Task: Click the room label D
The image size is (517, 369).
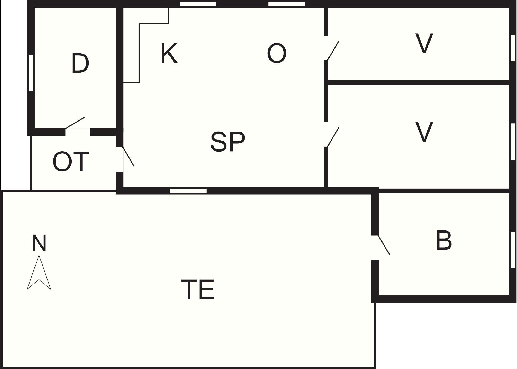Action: coord(80,63)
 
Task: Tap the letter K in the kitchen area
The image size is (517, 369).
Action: coord(169,53)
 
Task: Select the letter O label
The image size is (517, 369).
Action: coord(277,53)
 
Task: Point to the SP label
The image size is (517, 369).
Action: coord(228,142)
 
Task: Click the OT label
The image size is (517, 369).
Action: coord(70,162)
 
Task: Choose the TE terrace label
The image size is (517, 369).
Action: coord(198,289)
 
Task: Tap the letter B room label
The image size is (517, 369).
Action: coord(444,240)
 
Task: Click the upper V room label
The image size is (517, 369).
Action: coord(424,43)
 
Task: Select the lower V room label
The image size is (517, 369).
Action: coord(424,132)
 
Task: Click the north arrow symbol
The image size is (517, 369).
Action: coord(39,272)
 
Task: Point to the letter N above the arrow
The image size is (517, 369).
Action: coord(39,243)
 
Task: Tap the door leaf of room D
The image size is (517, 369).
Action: coord(75,123)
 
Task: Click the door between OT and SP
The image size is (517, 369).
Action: coord(128,157)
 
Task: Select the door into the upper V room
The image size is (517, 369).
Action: coord(333,50)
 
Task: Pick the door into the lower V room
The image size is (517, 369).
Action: coord(333,137)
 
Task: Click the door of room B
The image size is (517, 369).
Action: coord(384,245)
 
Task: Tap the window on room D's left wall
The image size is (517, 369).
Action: coord(31,73)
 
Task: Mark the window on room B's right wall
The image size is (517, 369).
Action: coord(513,250)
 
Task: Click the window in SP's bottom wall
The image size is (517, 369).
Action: coord(188,191)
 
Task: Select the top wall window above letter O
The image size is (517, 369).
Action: coord(287,4)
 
